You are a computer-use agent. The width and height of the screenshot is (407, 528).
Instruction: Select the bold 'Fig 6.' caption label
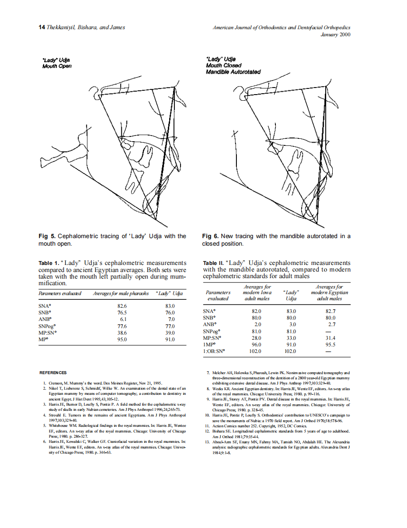(210, 236)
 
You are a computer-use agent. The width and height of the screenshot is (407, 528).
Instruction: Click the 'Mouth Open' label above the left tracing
(57, 66)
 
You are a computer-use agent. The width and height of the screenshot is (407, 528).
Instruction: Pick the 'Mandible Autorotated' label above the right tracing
(233, 72)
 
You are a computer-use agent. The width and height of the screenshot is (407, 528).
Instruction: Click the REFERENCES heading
(53, 373)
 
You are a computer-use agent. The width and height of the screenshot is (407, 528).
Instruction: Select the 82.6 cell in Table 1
(122, 306)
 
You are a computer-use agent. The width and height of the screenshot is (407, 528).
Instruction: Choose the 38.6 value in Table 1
(122, 333)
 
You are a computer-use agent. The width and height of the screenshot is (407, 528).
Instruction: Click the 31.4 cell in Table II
(331, 337)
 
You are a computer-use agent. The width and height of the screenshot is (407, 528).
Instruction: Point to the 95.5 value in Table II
(331, 344)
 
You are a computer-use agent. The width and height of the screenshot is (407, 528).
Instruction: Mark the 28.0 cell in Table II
(257, 337)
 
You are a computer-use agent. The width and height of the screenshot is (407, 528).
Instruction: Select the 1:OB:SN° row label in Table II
(214, 351)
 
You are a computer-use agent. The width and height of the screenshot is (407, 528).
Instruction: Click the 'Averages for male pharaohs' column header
(121, 294)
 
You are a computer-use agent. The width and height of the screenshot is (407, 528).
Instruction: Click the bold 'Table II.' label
(214, 263)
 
